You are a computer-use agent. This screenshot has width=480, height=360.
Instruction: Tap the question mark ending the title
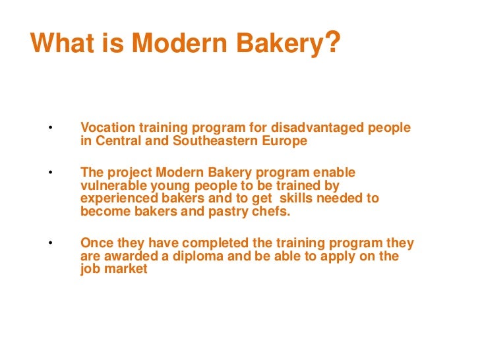333,44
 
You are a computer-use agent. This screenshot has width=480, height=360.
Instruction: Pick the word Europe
284,140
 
